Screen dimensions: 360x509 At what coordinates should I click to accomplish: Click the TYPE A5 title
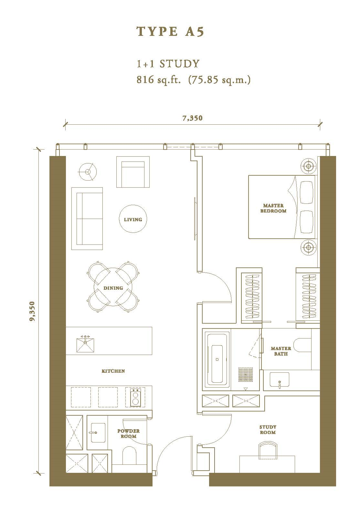point(170,32)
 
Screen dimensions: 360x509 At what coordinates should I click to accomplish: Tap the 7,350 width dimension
point(192,118)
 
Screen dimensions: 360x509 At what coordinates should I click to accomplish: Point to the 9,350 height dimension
point(33,311)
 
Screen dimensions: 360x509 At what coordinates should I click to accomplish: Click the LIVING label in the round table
point(133,220)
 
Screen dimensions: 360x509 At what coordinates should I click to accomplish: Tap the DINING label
point(113,288)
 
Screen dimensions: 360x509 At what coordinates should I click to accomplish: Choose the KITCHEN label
point(113,371)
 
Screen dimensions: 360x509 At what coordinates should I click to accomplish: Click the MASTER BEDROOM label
point(273,208)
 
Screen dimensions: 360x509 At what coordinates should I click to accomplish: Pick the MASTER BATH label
point(281,351)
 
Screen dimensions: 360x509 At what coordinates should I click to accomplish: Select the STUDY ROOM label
point(268,430)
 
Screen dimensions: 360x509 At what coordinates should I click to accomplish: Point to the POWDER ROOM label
point(129,433)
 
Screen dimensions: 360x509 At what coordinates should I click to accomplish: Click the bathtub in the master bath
point(217,360)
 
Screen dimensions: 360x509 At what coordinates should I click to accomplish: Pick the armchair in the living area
point(133,172)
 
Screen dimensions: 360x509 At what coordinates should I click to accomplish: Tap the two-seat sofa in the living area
point(87,219)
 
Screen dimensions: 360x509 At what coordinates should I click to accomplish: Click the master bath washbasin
point(279,379)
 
